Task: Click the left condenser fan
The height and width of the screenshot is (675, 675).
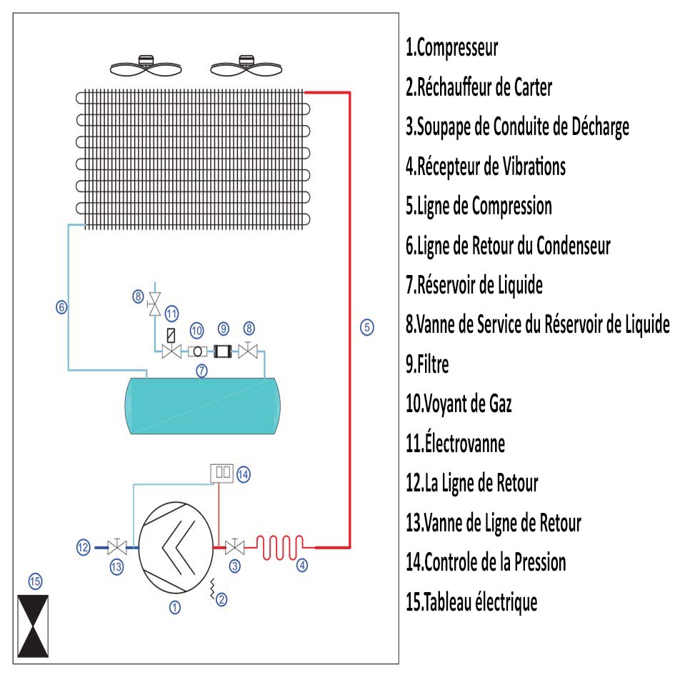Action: point(145,67)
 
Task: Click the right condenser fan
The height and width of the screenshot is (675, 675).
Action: point(246,67)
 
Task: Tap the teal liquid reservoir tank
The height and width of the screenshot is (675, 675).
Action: point(201,404)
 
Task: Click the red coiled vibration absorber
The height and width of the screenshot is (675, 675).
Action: point(281,547)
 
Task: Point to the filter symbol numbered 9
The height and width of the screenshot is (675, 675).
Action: point(224,351)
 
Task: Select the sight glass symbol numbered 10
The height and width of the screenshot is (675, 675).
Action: point(196,351)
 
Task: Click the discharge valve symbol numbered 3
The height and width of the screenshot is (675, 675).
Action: point(233,548)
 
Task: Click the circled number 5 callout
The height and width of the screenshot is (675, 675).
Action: point(366,328)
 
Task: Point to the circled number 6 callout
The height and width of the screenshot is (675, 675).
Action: point(61,308)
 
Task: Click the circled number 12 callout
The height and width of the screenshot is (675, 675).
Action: point(84,548)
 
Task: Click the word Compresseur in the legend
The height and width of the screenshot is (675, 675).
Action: point(456,49)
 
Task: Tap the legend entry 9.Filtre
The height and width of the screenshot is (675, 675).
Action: point(427,364)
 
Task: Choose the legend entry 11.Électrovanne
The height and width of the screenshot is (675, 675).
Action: point(455,444)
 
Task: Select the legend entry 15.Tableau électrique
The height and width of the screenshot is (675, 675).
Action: point(471,602)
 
